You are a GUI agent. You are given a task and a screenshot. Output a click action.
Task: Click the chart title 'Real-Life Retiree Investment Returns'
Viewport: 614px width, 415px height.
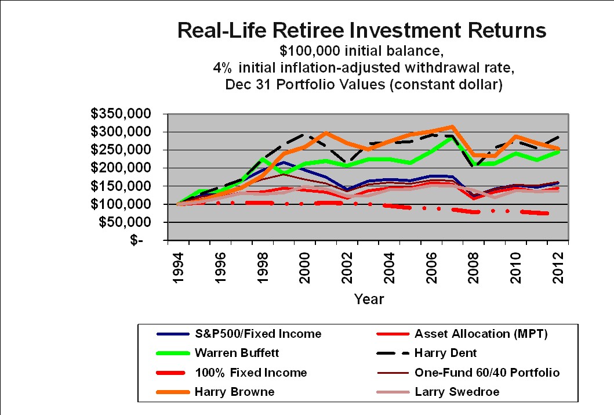pyautogui.click(x=362, y=31)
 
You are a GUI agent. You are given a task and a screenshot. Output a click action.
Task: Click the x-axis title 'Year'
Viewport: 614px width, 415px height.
pyautogui.click(x=369, y=299)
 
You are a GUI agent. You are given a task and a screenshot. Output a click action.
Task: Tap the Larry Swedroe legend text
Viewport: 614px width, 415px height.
pyautogui.click(x=457, y=392)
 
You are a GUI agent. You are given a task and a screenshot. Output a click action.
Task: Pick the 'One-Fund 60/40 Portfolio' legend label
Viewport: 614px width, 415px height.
pyautogui.click(x=487, y=373)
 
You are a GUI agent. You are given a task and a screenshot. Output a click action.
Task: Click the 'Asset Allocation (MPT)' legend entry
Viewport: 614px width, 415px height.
pyautogui.click(x=481, y=334)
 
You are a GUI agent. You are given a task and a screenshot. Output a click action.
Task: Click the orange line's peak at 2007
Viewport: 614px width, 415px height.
pyautogui.click(x=452, y=127)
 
